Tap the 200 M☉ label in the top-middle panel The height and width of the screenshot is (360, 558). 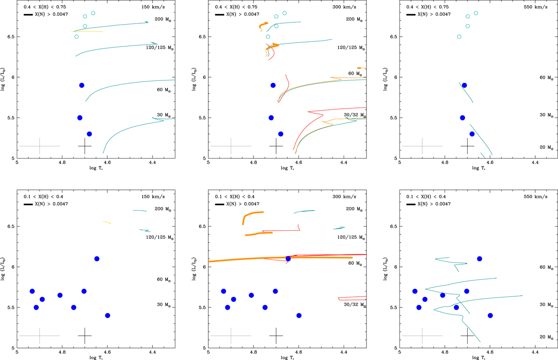click(x=356, y=20)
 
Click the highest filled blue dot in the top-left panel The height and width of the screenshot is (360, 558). click(x=82, y=85)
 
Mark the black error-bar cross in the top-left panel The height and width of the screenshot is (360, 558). click(x=85, y=146)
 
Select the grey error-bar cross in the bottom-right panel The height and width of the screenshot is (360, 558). click(x=422, y=335)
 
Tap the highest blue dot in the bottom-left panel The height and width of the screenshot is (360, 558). click(x=97, y=259)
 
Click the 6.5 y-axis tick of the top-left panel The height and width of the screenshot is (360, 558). click(x=10, y=37)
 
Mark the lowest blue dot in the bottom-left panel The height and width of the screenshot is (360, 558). click(x=107, y=315)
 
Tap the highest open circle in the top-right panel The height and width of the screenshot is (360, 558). click(x=476, y=13)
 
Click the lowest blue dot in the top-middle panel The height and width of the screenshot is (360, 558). click(x=280, y=134)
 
